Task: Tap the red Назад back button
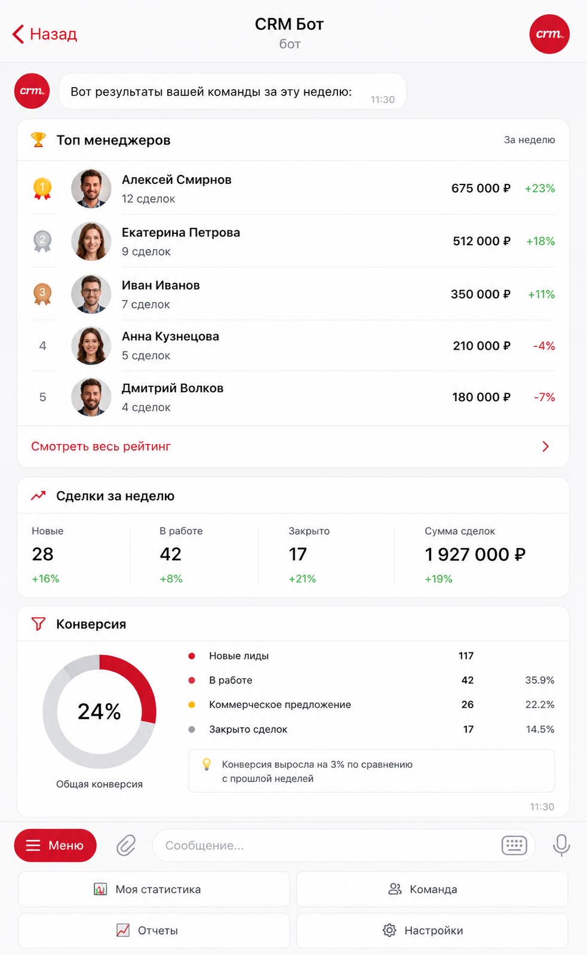pyautogui.click(x=45, y=33)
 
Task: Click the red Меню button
pyautogui.click(x=55, y=845)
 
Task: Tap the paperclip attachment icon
pyautogui.click(x=126, y=845)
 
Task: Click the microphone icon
pyautogui.click(x=561, y=845)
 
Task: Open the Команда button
pyautogui.click(x=432, y=889)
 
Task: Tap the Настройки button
pyautogui.click(x=432, y=931)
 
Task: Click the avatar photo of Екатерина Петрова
pyautogui.click(x=91, y=241)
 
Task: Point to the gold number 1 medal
pyautogui.click(x=42, y=188)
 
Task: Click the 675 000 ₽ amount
pyautogui.click(x=481, y=188)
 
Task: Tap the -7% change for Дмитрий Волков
pyautogui.click(x=545, y=397)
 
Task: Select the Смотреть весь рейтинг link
pyautogui.click(x=101, y=446)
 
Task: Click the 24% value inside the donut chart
pyautogui.click(x=99, y=711)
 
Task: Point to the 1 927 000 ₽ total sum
pyautogui.click(x=475, y=554)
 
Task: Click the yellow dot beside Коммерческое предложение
pyautogui.click(x=192, y=705)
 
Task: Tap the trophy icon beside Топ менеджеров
pyautogui.click(x=38, y=140)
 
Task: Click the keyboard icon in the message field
pyautogui.click(x=514, y=845)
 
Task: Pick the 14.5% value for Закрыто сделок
pyautogui.click(x=540, y=729)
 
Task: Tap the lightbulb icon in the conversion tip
pyautogui.click(x=207, y=764)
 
